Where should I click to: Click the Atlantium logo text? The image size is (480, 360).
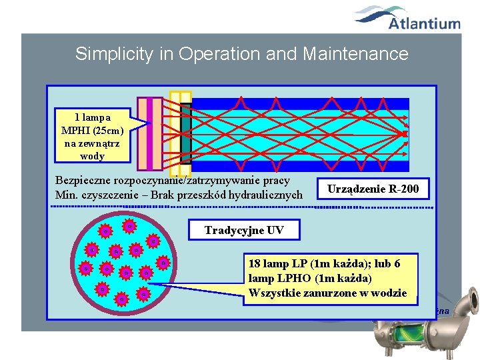425,24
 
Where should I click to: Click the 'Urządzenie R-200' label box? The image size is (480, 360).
373,189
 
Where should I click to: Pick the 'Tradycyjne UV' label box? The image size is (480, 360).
244,231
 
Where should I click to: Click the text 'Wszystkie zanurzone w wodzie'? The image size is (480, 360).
327,293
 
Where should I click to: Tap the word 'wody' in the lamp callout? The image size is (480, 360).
92,156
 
